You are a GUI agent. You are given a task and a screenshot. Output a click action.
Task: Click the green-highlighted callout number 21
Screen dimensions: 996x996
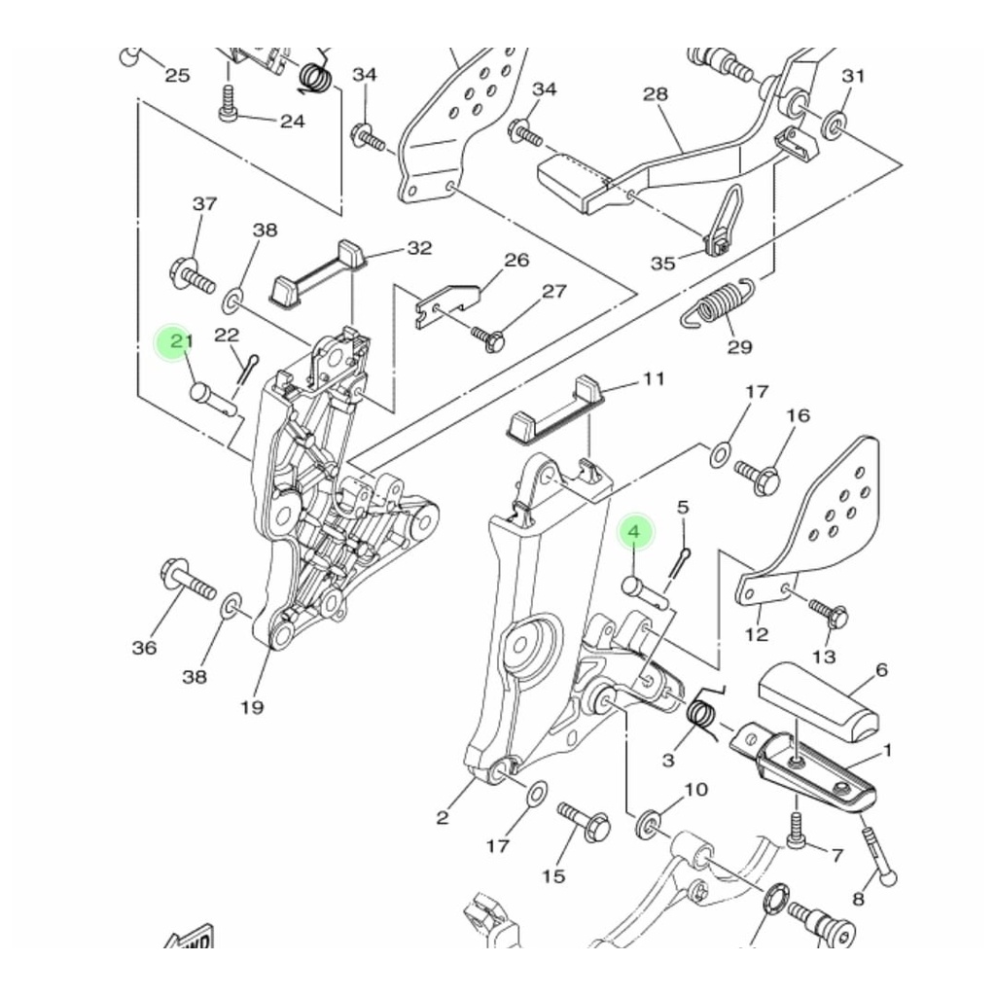(x=181, y=341)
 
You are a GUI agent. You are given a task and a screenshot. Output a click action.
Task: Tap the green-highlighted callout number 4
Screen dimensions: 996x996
(x=634, y=531)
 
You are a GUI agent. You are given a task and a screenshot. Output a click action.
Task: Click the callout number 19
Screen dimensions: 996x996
(x=252, y=707)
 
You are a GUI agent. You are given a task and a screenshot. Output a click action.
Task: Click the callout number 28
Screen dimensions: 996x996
(x=656, y=94)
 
